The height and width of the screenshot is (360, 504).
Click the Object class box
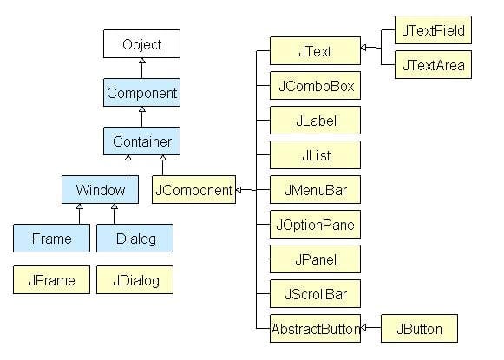(x=141, y=44)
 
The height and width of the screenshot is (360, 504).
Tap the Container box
(x=141, y=141)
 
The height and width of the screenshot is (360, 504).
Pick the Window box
(x=100, y=189)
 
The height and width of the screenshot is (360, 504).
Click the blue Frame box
(x=51, y=238)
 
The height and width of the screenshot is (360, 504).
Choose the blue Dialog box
(x=134, y=238)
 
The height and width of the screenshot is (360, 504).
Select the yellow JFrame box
(x=51, y=280)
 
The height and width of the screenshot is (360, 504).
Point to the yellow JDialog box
(x=134, y=280)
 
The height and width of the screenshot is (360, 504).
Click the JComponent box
(x=193, y=189)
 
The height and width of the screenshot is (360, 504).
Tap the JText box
(x=314, y=51)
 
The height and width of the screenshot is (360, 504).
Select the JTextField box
(x=433, y=30)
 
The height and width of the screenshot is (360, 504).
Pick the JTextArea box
(x=433, y=65)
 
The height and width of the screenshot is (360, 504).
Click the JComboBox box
(x=314, y=86)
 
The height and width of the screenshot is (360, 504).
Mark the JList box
(x=314, y=154)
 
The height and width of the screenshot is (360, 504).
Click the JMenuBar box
(x=314, y=189)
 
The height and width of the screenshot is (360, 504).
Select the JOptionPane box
(x=314, y=224)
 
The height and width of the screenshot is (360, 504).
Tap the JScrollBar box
(x=314, y=294)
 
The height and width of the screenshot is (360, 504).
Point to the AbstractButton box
(x=314, y=329)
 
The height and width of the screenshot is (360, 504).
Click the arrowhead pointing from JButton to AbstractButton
(x=364, y=328)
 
